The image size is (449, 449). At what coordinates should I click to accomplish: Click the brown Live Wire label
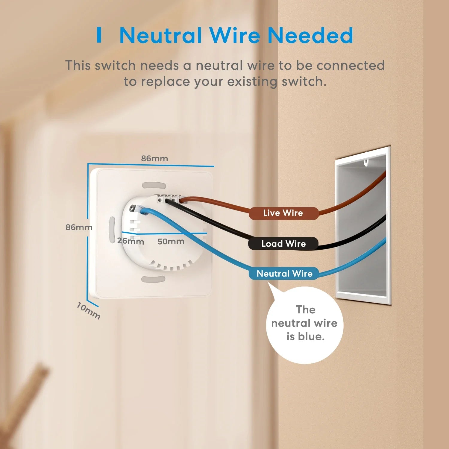(x=283, y=213)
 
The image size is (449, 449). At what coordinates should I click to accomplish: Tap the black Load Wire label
(x=283, y=244)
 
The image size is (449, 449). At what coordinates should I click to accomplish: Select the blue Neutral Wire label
(x=284, y=274)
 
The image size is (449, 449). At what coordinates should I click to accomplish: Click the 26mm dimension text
(x=131, y=241)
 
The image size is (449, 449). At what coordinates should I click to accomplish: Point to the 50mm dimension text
(x=171, y=241)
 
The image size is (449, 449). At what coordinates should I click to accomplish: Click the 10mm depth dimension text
(x=88, y=311)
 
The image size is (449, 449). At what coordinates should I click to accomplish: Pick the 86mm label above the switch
(x=154, y=158)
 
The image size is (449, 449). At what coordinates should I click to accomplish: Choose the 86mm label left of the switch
(x=79, y=227)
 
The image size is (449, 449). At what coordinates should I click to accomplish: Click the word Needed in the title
(x=310, y=35)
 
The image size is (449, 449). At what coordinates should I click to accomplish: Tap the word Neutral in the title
(x=160, y=35)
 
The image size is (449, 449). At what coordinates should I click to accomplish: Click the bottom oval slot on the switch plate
(x=153, y=279)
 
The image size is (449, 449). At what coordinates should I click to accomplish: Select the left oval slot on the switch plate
(x=112, y=230)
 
